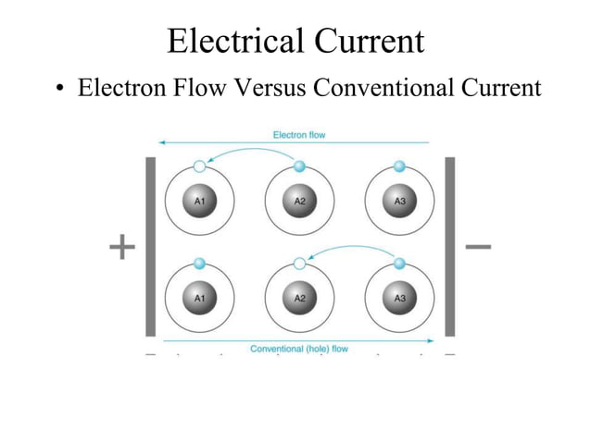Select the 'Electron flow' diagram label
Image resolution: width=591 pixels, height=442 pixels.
298,135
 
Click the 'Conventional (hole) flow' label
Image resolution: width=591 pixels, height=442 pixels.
298,349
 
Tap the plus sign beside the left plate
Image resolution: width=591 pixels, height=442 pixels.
121,247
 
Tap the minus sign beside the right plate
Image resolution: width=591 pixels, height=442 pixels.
478,247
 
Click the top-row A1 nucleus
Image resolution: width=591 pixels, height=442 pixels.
199,201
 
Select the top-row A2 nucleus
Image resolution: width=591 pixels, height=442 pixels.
299,201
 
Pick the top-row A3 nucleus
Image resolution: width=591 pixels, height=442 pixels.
399,201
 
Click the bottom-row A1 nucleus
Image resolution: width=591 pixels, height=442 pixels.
199,298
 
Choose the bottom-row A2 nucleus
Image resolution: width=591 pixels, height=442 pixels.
299,298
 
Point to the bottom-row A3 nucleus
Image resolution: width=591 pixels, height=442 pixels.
399,298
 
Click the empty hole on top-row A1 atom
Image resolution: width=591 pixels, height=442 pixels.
199,166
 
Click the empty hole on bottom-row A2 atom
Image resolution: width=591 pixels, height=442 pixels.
299,264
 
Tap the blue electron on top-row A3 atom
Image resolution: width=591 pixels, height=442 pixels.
399,166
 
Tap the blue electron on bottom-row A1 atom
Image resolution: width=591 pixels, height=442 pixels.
199,264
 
